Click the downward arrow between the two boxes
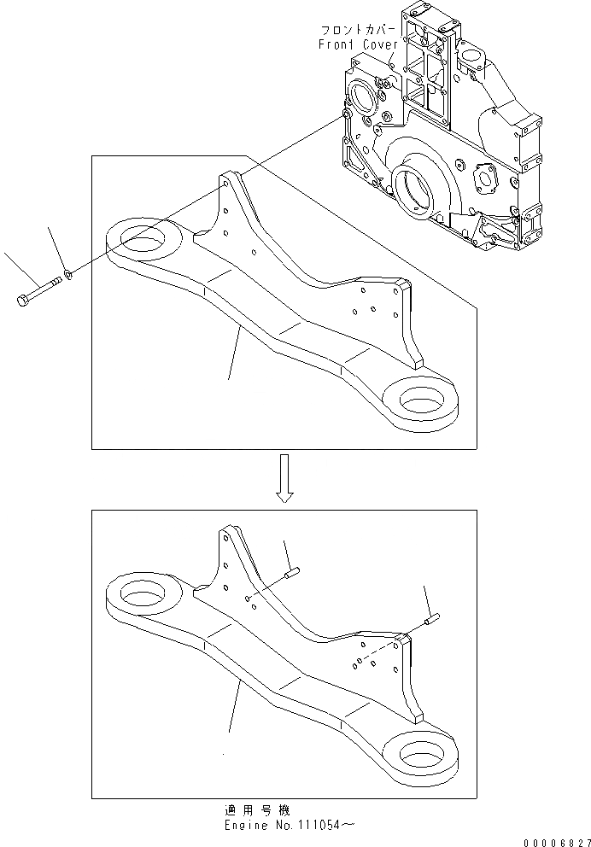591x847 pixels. pos(285,477)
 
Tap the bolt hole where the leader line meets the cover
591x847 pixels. pos(345,114)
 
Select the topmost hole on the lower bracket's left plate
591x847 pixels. pos(225,539)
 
